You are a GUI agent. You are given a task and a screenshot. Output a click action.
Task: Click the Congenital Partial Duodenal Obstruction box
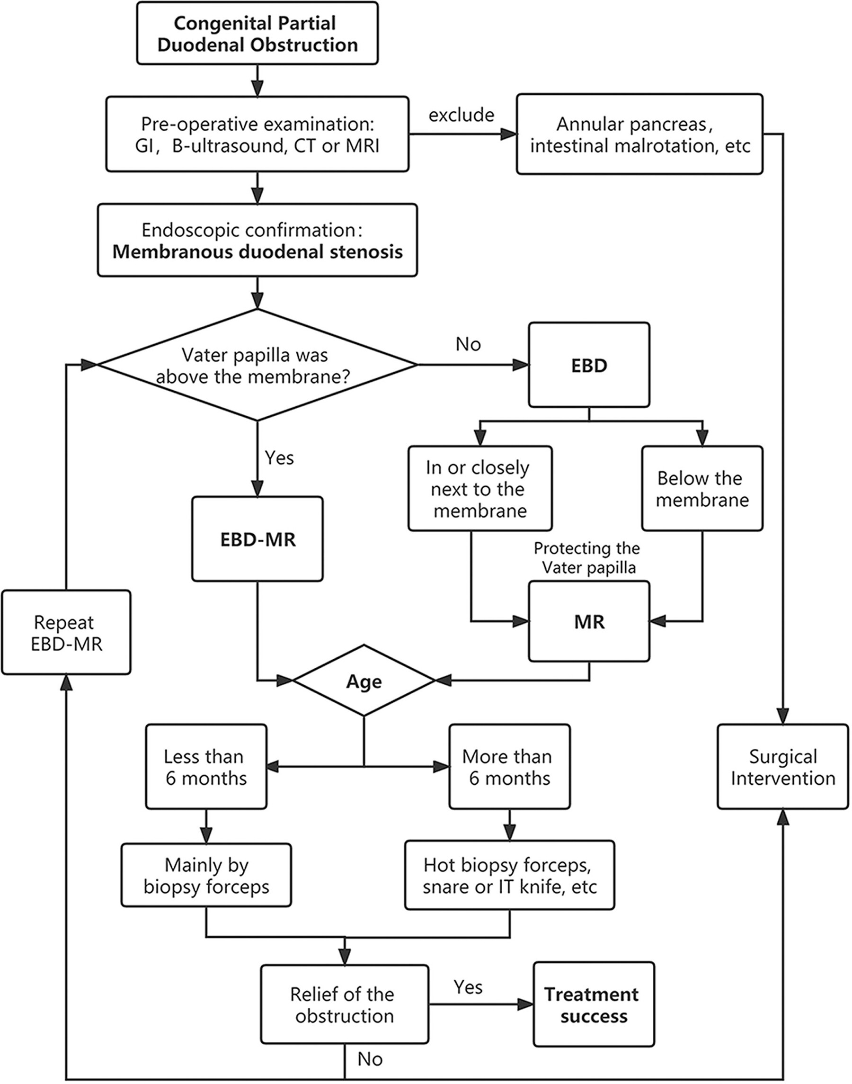click(257, 34)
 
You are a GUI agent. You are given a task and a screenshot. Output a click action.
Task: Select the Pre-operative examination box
click(257, 134)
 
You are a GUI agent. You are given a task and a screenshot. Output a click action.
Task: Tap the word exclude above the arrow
click(461, 115)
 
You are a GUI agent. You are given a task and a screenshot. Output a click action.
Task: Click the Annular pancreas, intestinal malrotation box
click(639, 134)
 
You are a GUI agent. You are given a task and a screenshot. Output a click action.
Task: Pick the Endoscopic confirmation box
click(257, 240)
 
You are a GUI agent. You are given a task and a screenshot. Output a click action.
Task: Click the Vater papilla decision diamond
click(257, 365)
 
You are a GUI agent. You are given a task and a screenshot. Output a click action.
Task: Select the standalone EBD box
click(589, 365)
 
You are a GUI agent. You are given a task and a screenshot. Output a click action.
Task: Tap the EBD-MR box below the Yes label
click(257, 539)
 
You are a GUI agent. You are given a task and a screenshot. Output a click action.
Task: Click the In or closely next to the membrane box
click(480, 489)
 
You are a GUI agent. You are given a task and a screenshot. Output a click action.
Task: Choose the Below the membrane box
click(702, 489)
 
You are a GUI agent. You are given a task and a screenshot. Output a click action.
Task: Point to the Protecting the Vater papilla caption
click(587, 558)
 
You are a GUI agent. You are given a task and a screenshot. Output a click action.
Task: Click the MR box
click(589, 621)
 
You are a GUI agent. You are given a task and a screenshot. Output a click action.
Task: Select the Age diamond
click(364, 680)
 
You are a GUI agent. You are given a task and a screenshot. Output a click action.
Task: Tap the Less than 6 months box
click(206, 767)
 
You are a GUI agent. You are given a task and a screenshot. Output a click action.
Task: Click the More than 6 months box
click(509, 767)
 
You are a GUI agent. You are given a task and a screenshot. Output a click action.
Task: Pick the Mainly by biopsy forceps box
click(206, 875)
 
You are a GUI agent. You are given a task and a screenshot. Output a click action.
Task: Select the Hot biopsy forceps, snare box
click(509, 875)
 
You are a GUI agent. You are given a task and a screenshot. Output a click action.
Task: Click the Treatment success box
click(594, 1004)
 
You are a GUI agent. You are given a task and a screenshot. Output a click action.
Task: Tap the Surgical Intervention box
click(783, 767)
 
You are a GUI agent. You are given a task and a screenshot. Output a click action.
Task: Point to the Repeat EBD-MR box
click(66, 632)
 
